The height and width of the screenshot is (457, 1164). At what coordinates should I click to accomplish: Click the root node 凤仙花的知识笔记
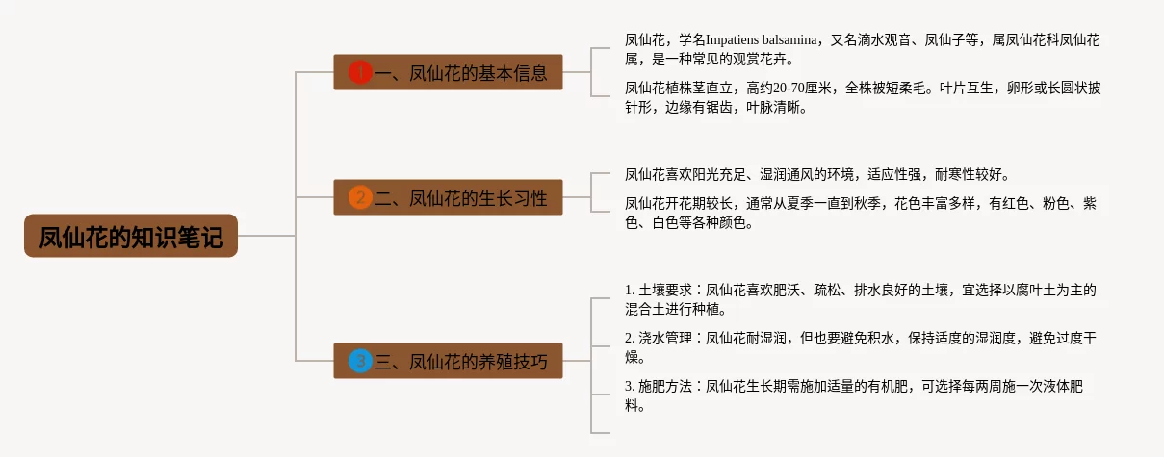tap(130, 236)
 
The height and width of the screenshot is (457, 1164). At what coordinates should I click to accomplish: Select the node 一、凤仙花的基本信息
tap(448, 72)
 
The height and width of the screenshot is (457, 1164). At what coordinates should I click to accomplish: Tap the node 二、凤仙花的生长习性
tap(448, 198)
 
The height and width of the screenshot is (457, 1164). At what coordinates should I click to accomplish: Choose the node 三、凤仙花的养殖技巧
tap(448, 362)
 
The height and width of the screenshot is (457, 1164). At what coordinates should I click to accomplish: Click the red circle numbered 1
tap(360, 72)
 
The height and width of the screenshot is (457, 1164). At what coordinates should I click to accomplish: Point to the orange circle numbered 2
tap(360, 198)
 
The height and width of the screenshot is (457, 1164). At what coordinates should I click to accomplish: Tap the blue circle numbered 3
tap(360, 362)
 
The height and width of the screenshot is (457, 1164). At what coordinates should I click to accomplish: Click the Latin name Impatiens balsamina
tap(761, 40)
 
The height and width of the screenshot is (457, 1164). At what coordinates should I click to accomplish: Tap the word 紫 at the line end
tap(1089, 204)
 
